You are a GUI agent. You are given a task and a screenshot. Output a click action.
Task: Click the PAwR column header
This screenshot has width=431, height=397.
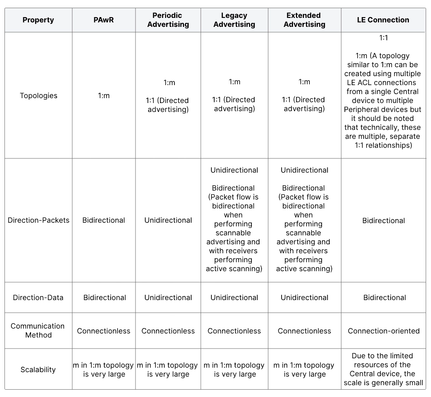pyautogui.click(x=104, y=20)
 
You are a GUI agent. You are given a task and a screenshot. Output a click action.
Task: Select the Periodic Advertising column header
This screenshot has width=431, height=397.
pyautogui.click(x=168, y=20)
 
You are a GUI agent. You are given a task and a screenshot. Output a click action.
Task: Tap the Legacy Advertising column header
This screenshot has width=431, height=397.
pyautogui.click(x=234, y=20)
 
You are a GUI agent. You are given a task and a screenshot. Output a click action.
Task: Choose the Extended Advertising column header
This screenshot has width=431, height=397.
pyautogui.click(x=304, y=20)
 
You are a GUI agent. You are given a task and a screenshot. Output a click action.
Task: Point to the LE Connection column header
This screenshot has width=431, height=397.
pyautogui.click(x=383, y=20)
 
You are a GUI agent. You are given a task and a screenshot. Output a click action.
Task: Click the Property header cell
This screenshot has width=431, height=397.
pyautogui.click(x=38, y=20)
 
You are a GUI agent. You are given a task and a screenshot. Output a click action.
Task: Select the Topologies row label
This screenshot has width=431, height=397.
pyautogui.click(x=38, y=96)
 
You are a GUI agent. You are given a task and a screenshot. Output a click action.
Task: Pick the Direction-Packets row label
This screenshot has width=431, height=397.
pyautogui.click(x=38, y=220)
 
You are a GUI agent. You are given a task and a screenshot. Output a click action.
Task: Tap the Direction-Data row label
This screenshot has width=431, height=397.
pyautogui.click(x=38, y=298)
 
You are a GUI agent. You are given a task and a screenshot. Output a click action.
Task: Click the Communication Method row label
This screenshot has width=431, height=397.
pyautogui.click(x=38, y=331)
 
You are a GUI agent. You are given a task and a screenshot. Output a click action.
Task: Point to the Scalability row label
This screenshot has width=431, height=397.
pyautogui.click(x=38, y=370)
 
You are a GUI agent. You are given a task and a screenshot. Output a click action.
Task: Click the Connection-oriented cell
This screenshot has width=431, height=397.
pyautogui.click(x=384, y=331)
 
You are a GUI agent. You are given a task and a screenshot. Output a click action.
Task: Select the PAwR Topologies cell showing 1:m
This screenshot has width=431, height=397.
pyautogui.click(x=104, y=96)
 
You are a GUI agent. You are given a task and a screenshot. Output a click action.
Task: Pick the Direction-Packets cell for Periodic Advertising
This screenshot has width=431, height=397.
pyautogui.click(x=168, y=220)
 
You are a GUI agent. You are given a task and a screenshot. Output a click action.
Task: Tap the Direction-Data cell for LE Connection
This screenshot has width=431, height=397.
pyautogui.click(x=384, y=298)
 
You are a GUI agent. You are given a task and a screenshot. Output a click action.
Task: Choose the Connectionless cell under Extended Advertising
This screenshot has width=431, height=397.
pyautogui.click(x=304, y=331)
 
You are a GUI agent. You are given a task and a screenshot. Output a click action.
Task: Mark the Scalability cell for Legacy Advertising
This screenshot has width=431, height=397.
pyautogui.click(x=234, y=370)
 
